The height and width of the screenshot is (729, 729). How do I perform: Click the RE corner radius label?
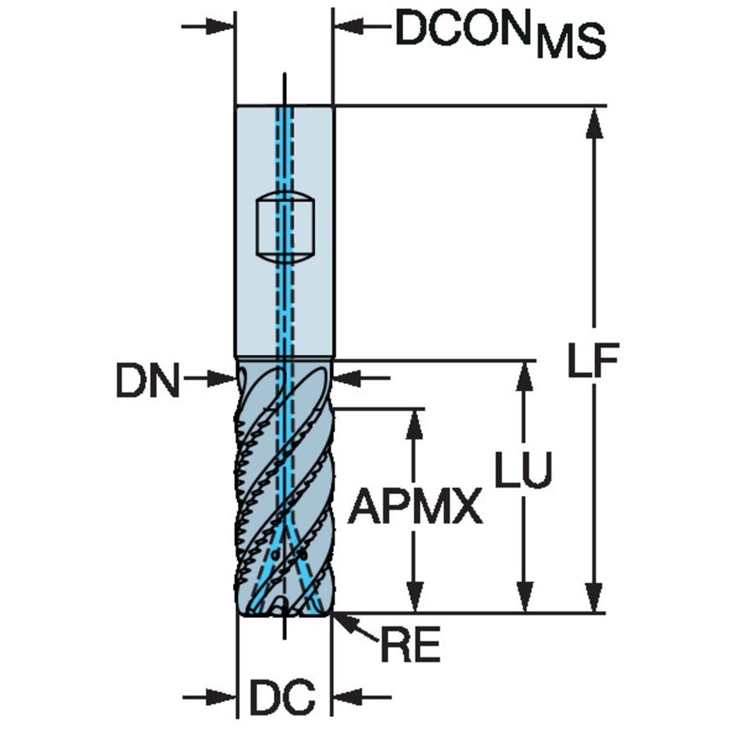(410, 647)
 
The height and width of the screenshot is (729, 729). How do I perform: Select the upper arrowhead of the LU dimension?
(524, 376)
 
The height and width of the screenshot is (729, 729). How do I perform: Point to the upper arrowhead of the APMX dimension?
(415, 423)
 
